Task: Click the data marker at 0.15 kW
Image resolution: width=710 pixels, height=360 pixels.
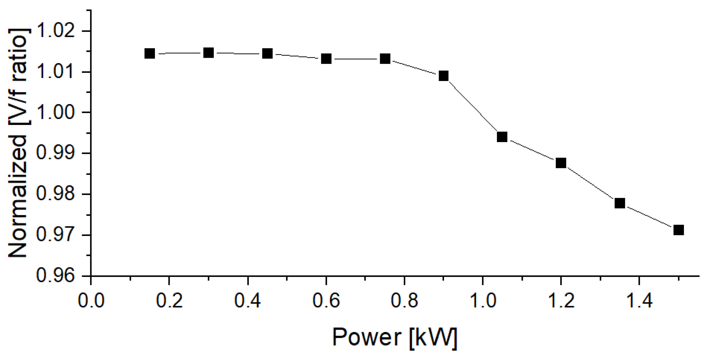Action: coord(149,53)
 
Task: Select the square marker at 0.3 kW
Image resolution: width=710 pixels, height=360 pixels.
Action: coord(208,53)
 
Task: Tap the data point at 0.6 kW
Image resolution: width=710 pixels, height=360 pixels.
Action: coord(326,59)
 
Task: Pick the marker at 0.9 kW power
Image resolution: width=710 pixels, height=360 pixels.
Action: coord(443,76)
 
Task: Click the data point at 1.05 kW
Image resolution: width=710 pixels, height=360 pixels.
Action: coord(502,137)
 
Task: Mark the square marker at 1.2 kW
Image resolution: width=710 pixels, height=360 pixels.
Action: coord(561,163)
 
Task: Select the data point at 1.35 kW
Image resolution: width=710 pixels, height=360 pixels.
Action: coord(620,203)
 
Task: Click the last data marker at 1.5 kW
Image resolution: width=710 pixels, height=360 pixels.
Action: coord(679,230)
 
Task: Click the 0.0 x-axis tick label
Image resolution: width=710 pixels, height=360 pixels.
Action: coord(91,301)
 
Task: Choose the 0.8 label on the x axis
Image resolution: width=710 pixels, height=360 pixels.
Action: coord(404,301)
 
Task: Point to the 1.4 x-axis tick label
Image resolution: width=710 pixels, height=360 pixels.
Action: coord(639,301)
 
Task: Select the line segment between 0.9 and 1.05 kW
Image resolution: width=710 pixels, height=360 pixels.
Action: coord(473,106)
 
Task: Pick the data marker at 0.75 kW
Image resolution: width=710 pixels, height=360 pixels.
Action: coord(385,59)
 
